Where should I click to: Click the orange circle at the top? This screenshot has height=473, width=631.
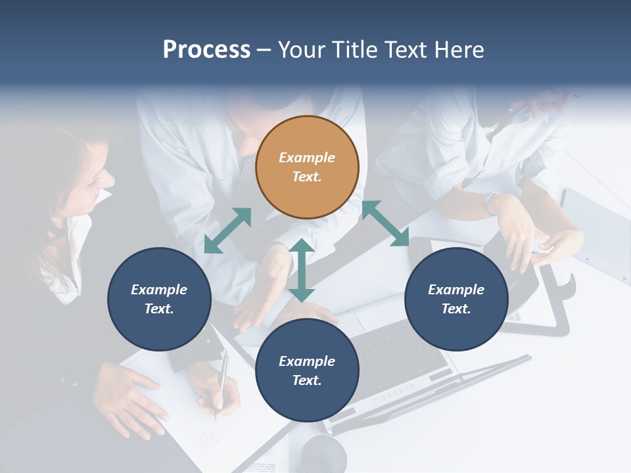(307, 168)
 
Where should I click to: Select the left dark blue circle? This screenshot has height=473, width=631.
(159, 299)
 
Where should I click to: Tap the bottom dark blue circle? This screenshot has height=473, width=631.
(307, 371)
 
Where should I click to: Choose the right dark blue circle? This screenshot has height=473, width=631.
(456, 299)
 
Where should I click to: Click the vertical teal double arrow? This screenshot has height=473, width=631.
(302, 270)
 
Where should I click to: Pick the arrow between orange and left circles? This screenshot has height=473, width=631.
(227, 231)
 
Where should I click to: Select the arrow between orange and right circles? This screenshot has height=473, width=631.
(385, 224)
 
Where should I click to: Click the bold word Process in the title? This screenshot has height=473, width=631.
(206, 49)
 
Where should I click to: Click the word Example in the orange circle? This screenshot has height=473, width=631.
(307, 158)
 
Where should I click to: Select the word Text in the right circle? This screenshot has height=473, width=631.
(455, 309)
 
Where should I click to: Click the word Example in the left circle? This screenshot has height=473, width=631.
(159, 290)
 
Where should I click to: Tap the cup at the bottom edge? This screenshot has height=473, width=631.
(323, 455)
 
